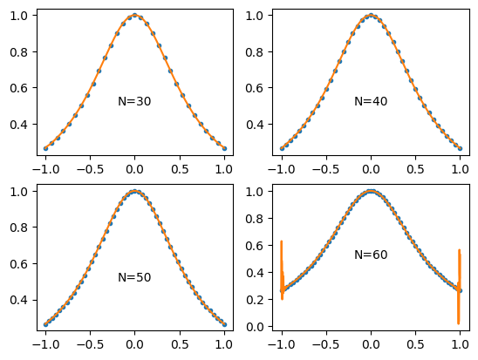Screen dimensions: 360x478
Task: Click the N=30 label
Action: tap(134, 102)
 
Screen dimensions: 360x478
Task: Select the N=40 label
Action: tap(371, 102)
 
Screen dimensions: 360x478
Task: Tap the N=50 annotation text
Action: tap(134, 278)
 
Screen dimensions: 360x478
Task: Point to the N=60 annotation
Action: tap(371, 255)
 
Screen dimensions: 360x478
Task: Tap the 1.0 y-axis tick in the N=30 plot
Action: tap(19, 16)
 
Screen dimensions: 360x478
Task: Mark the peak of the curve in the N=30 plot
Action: tap(134, 15)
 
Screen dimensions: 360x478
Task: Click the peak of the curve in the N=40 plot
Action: tap(371, 15)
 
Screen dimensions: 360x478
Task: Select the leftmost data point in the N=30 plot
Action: tap(45, 148)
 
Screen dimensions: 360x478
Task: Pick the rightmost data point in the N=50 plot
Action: tap(224, 324)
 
